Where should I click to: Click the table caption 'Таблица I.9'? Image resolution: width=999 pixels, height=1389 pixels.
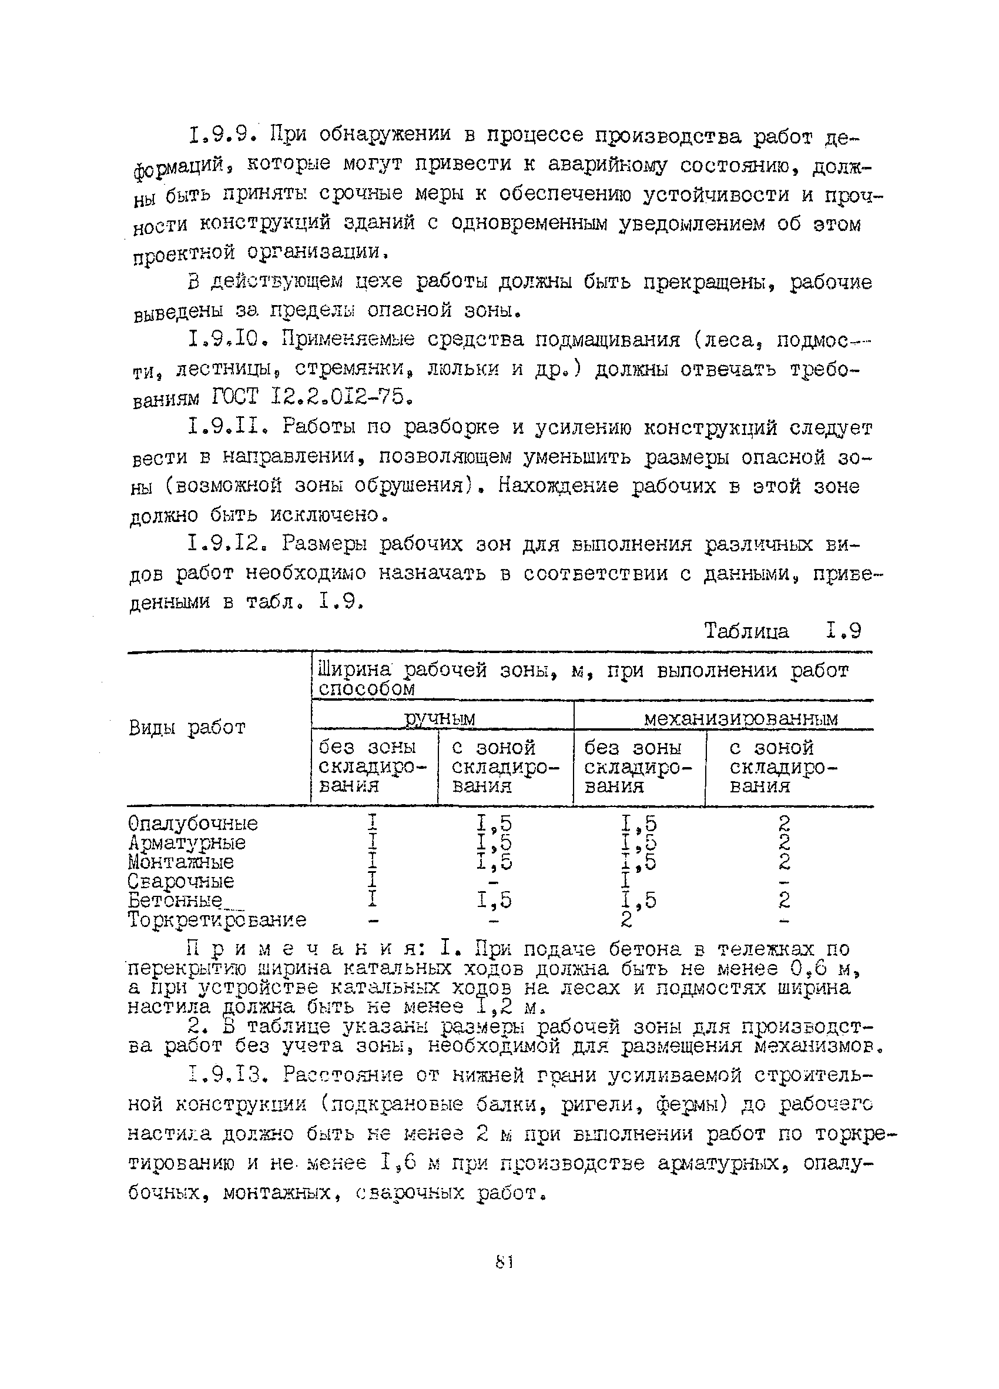(782, 630)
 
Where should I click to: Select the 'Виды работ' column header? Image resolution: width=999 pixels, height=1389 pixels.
(187, 728)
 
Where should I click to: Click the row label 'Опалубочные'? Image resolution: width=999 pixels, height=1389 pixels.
(193, 823)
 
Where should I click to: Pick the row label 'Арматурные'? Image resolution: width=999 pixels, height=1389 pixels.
(187, 843)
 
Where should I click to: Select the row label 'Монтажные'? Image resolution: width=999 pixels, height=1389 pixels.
(180, 862)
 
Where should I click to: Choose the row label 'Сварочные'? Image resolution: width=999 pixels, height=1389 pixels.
(180, 881)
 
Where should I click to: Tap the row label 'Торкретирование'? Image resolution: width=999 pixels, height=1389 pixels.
(217, 920)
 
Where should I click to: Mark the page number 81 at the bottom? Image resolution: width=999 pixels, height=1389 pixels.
(503, 1262)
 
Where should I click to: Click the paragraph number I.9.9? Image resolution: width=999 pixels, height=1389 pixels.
(221, 134)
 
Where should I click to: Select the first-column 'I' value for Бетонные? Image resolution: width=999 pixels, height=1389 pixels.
(372, 901)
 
